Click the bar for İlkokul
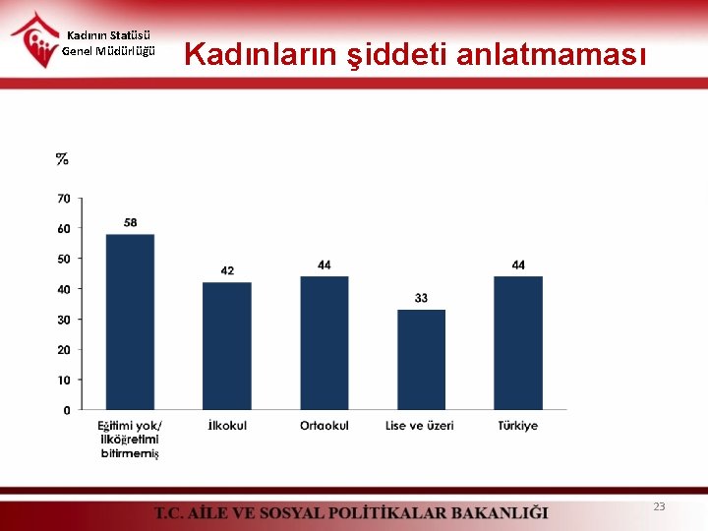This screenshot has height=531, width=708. click(x=227, y=345)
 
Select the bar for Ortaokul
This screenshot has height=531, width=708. click(x=324, y=342)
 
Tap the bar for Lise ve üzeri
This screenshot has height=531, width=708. click(x=421, y=359)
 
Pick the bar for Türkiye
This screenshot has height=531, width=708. click(x=518, y=342)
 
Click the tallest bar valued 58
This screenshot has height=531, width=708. click(x=130, y=322)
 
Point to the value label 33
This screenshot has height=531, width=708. click(x=421, y=298)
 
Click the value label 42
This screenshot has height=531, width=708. click(x=227, y=270)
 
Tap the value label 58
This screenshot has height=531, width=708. click(x=130, y=222)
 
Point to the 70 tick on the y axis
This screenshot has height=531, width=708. click(x=63, y=199)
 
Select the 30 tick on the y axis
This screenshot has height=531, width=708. click(x=63, y=320)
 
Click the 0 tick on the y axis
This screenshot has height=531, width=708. click(x=66, y=410)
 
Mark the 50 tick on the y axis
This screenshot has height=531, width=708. click(x=63, y=259)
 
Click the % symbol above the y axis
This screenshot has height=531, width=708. click(x=62, y=158)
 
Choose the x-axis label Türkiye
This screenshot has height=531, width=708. click(x=518, y=426)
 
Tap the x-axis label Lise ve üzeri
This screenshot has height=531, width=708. click(x=420, y=426)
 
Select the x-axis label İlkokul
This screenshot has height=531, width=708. click(x=227, y=426)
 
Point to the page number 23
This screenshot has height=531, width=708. click(x=659, y=506)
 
